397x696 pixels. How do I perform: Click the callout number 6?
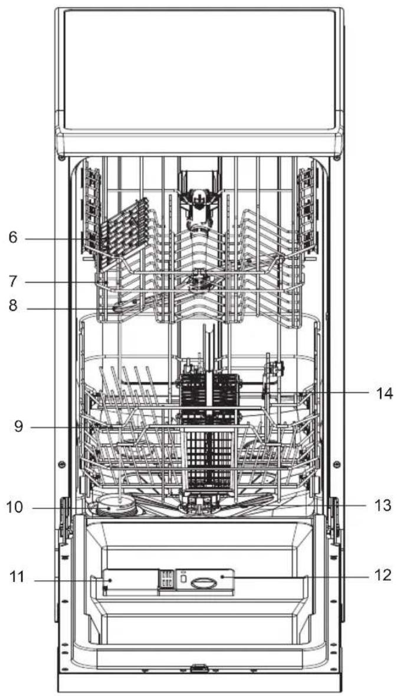13,237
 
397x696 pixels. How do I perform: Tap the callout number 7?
13,282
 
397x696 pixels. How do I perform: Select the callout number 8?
13,306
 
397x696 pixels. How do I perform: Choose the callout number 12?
382,575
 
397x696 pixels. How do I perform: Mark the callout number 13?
383,505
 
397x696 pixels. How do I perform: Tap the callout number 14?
383,393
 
